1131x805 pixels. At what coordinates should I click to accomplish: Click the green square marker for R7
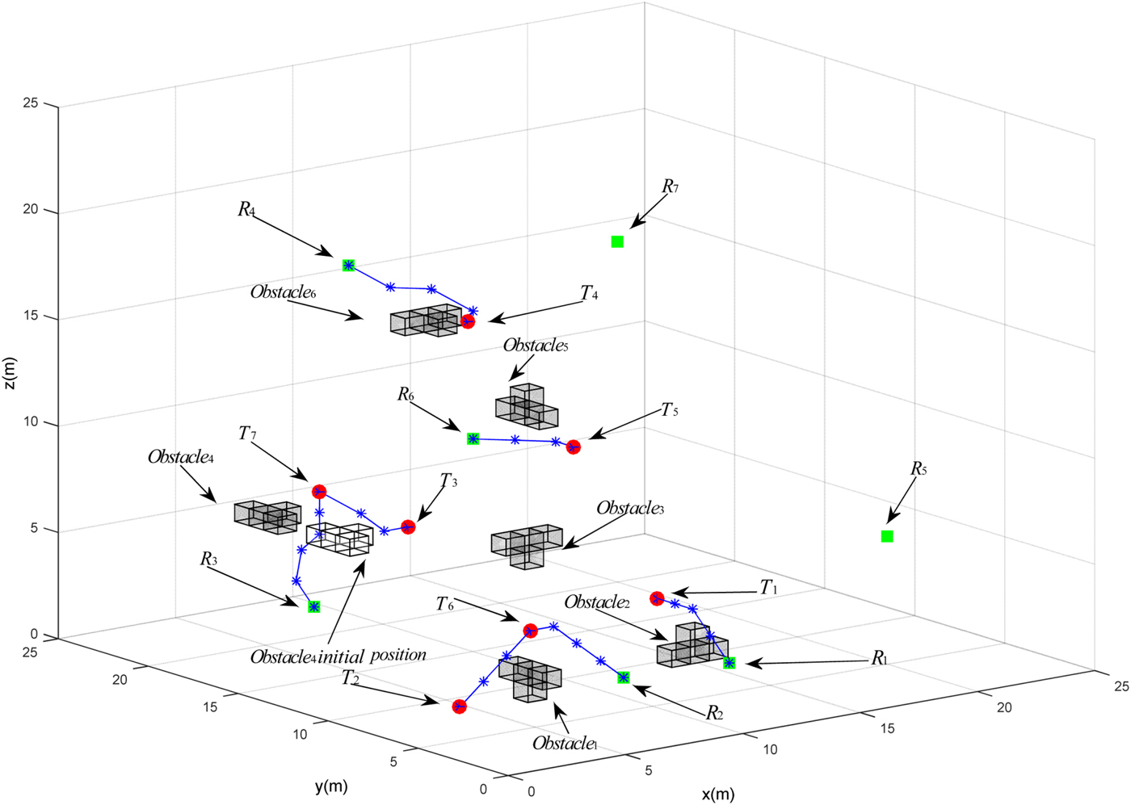[x=617, y=241]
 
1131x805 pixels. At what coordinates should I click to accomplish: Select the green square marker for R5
[x=887, y=536]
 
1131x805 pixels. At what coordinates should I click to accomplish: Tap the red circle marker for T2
[x=459, y=706]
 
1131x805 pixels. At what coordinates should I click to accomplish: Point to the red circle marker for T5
[x=573, y=447]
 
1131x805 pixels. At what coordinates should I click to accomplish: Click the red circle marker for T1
[x=657, y=598]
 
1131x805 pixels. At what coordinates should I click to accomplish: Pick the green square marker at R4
[x=348, y=265]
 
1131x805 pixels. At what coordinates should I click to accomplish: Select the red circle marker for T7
[x=319, y=491]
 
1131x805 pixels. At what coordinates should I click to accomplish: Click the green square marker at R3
[x=314, y=606]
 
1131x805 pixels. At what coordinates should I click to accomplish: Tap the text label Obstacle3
[x=629, y=509]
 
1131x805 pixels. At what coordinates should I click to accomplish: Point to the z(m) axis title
[x=10, y=373]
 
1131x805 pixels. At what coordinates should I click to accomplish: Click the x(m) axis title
[x=717, y=794]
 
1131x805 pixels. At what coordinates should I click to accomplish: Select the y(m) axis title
[x=331, y=786]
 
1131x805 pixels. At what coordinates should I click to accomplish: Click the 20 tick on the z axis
[x=30, y=210]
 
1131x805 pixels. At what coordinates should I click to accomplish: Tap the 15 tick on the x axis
[x=887, y=728]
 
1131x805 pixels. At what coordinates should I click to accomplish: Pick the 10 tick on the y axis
[x=300, y=734]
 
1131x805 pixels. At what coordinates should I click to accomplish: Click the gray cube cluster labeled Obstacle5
[x=527, y=406]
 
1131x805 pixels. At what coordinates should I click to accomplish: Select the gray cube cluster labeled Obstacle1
[x=531, y=678]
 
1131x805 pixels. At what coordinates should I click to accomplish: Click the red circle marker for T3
[x=408, y=527]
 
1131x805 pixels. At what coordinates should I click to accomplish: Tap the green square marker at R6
[x=473, y=438]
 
